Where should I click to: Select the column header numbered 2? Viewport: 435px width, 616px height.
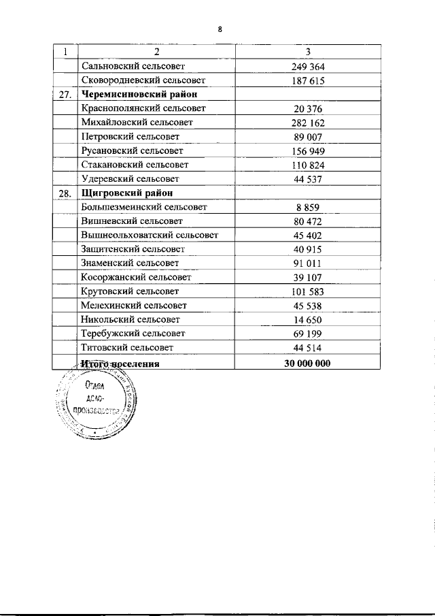click(x=156, y=52)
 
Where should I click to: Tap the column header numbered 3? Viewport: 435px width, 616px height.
click(x=308, y=52)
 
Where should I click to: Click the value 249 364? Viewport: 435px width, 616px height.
click(x=308, y=67)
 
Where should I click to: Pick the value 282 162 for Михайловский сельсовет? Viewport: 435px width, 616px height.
click(x=308, y=123)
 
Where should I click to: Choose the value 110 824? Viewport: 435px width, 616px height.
click(x=308, y=165)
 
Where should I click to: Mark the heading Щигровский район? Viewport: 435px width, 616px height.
click(x=120, y=193)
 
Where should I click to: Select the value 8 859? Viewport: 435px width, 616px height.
click(x=308, y=208)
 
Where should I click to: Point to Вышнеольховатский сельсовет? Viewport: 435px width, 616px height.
click(x=150, y=236)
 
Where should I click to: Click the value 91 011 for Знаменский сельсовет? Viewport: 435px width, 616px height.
click(x=308, y=263)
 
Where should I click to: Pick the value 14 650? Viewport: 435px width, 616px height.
click(x=308, y=320)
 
